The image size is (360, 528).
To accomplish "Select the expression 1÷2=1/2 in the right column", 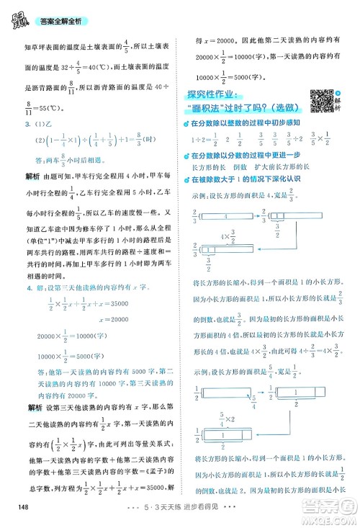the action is click(204, 139).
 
